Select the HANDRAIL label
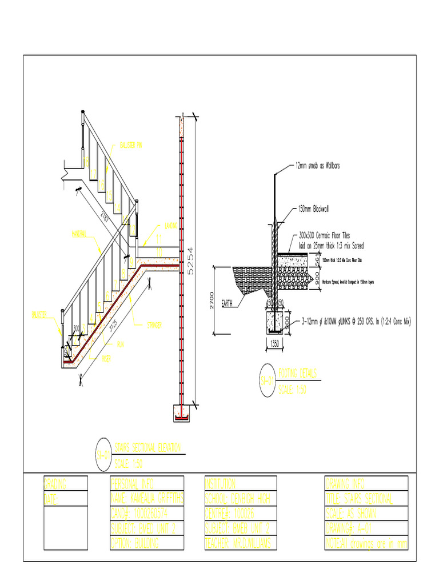pos(79,234)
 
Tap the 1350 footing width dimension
pos(274,344)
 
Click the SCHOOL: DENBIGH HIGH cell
pos(240,499)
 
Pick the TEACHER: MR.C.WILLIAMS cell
pos(240,543)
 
